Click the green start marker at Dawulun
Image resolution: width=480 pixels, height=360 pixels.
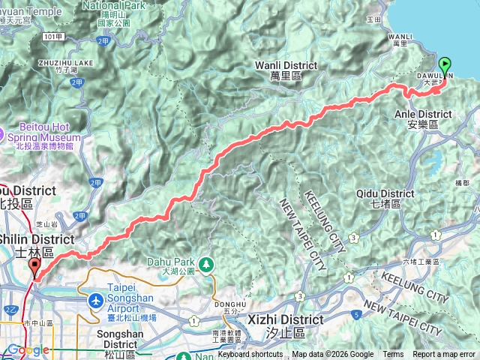click(444, 66)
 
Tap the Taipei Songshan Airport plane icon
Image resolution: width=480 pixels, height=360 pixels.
click(96, 301)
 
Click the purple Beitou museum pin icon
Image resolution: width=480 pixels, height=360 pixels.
click(2, 135)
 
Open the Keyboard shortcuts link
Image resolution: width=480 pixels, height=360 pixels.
click(250, 355)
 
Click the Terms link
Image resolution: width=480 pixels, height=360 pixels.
click(393, 355)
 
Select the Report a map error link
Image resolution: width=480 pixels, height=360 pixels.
click(444, 355)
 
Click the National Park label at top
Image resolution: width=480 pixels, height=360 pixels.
click(115, 5)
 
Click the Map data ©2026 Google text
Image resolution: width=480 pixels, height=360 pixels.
click(332, 355)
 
